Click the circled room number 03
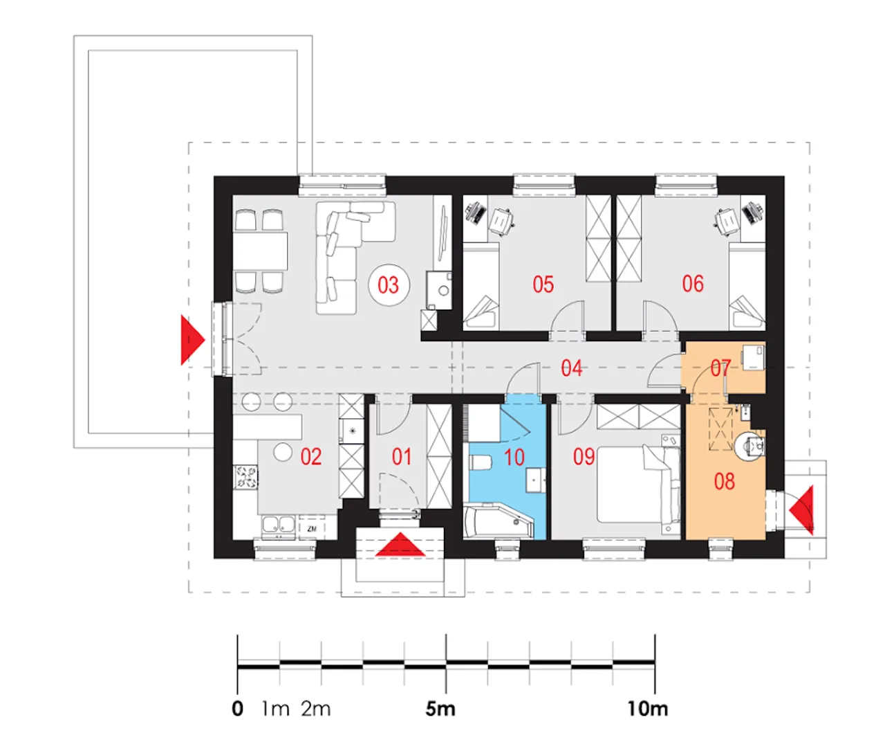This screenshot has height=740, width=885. coord(389,285)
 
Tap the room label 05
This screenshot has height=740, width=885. coord(543,284)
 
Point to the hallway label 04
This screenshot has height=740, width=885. coord(571,368)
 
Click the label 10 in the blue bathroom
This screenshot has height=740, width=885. coord(514,458)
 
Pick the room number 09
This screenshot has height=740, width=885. coord(584,457)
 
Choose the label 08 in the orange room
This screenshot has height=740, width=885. coord(724,482)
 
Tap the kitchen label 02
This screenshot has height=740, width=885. coord(310,457)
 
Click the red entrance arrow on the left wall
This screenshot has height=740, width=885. coord(193,340)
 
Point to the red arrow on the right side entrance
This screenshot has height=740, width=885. coord(801,510)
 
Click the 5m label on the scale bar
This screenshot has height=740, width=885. coord(440,709)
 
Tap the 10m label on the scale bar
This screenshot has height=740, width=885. coord(647,709)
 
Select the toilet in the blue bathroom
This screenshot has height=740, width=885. coord(479,462)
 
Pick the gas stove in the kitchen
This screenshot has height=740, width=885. coord(245,478)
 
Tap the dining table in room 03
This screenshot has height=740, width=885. coord(260,251)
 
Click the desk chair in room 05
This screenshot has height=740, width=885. coord(501,221)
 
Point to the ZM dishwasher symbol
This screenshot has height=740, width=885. coord(312,529)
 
